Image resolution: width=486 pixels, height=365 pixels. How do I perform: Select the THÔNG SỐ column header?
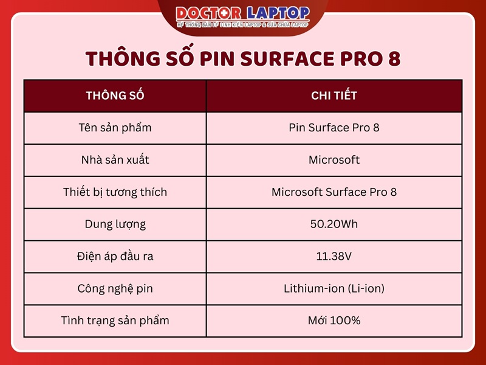click(115, 96)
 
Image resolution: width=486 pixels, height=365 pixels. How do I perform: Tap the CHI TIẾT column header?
click(334, 96)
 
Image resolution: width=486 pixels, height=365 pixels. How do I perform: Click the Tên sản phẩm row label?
click(115, 128)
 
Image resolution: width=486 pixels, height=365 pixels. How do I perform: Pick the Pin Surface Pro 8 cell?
click(334, 128)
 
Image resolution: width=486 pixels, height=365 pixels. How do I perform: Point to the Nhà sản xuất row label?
click(115, 160)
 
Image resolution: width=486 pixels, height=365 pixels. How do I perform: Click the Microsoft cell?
click(334, 160)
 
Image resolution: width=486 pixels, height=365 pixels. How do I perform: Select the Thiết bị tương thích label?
click(115, 192)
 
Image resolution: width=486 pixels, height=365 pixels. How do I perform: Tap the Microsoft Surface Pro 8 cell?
click(334, 192)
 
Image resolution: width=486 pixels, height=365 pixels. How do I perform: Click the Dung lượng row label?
click(115, 224)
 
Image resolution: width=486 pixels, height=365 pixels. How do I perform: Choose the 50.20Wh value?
click(334, 224)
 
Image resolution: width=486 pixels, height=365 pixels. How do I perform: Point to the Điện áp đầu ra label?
click(115, 256)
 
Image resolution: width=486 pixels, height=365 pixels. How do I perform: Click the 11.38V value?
click(334, 256)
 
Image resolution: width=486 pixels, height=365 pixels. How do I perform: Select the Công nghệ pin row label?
click(115, 288)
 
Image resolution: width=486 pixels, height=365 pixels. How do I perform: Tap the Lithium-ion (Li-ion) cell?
click(334, 288)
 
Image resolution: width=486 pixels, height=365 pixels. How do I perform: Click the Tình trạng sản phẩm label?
click(115, 321)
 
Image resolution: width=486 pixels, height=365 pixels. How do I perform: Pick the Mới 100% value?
click(334, 321)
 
